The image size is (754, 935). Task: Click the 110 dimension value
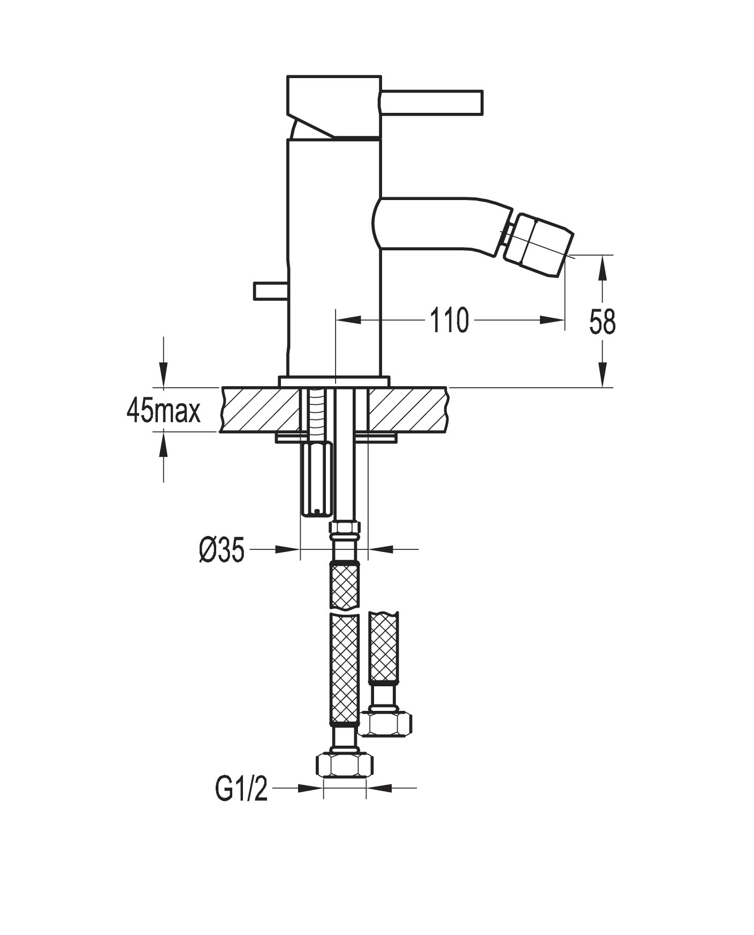448,321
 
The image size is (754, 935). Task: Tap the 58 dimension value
603,321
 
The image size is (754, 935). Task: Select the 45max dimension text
163,411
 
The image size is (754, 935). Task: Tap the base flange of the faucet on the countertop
334,381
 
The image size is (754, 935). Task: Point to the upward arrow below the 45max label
164,446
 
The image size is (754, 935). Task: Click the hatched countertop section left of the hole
260,410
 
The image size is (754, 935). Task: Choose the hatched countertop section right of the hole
407,410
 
